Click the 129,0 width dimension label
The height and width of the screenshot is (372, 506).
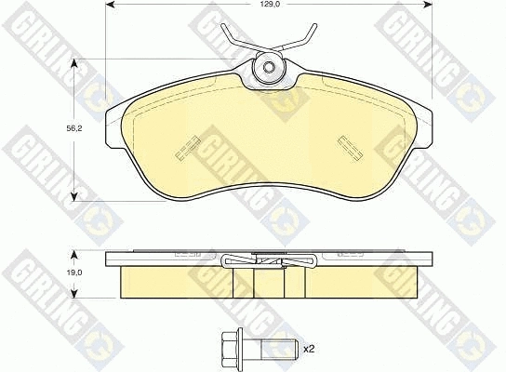271,6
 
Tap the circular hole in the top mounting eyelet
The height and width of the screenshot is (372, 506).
270,67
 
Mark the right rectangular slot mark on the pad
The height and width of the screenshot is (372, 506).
351,146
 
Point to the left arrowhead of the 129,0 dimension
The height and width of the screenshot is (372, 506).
108,6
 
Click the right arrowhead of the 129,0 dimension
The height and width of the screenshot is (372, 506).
429,6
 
